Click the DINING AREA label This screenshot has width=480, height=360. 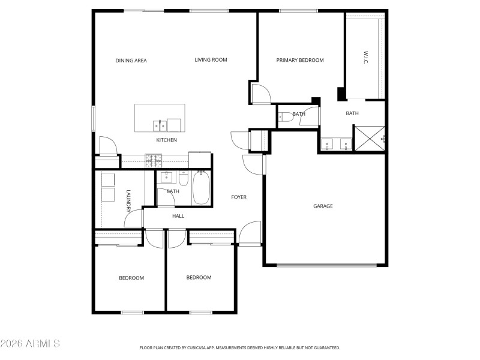point(131,60)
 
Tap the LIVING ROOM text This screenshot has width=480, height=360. point(211,60)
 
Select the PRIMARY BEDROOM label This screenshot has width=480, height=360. point(299,60)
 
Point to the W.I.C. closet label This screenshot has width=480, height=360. point(365,58)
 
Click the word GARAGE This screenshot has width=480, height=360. point(323,206)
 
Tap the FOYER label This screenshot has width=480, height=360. point(239,197)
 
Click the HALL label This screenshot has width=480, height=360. point(178,216)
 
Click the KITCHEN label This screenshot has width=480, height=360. point(166,140)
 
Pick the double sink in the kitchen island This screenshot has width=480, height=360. point(160,125)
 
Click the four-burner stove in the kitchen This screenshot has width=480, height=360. point(154,160)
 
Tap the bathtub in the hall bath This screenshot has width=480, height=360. point(200,188)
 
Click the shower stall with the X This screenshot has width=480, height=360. point(368,138)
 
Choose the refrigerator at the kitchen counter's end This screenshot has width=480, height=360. point(199,160)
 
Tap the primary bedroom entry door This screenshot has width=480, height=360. point(261,94)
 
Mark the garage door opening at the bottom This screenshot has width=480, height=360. point(325,265)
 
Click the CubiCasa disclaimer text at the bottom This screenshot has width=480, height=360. point(239,347)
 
